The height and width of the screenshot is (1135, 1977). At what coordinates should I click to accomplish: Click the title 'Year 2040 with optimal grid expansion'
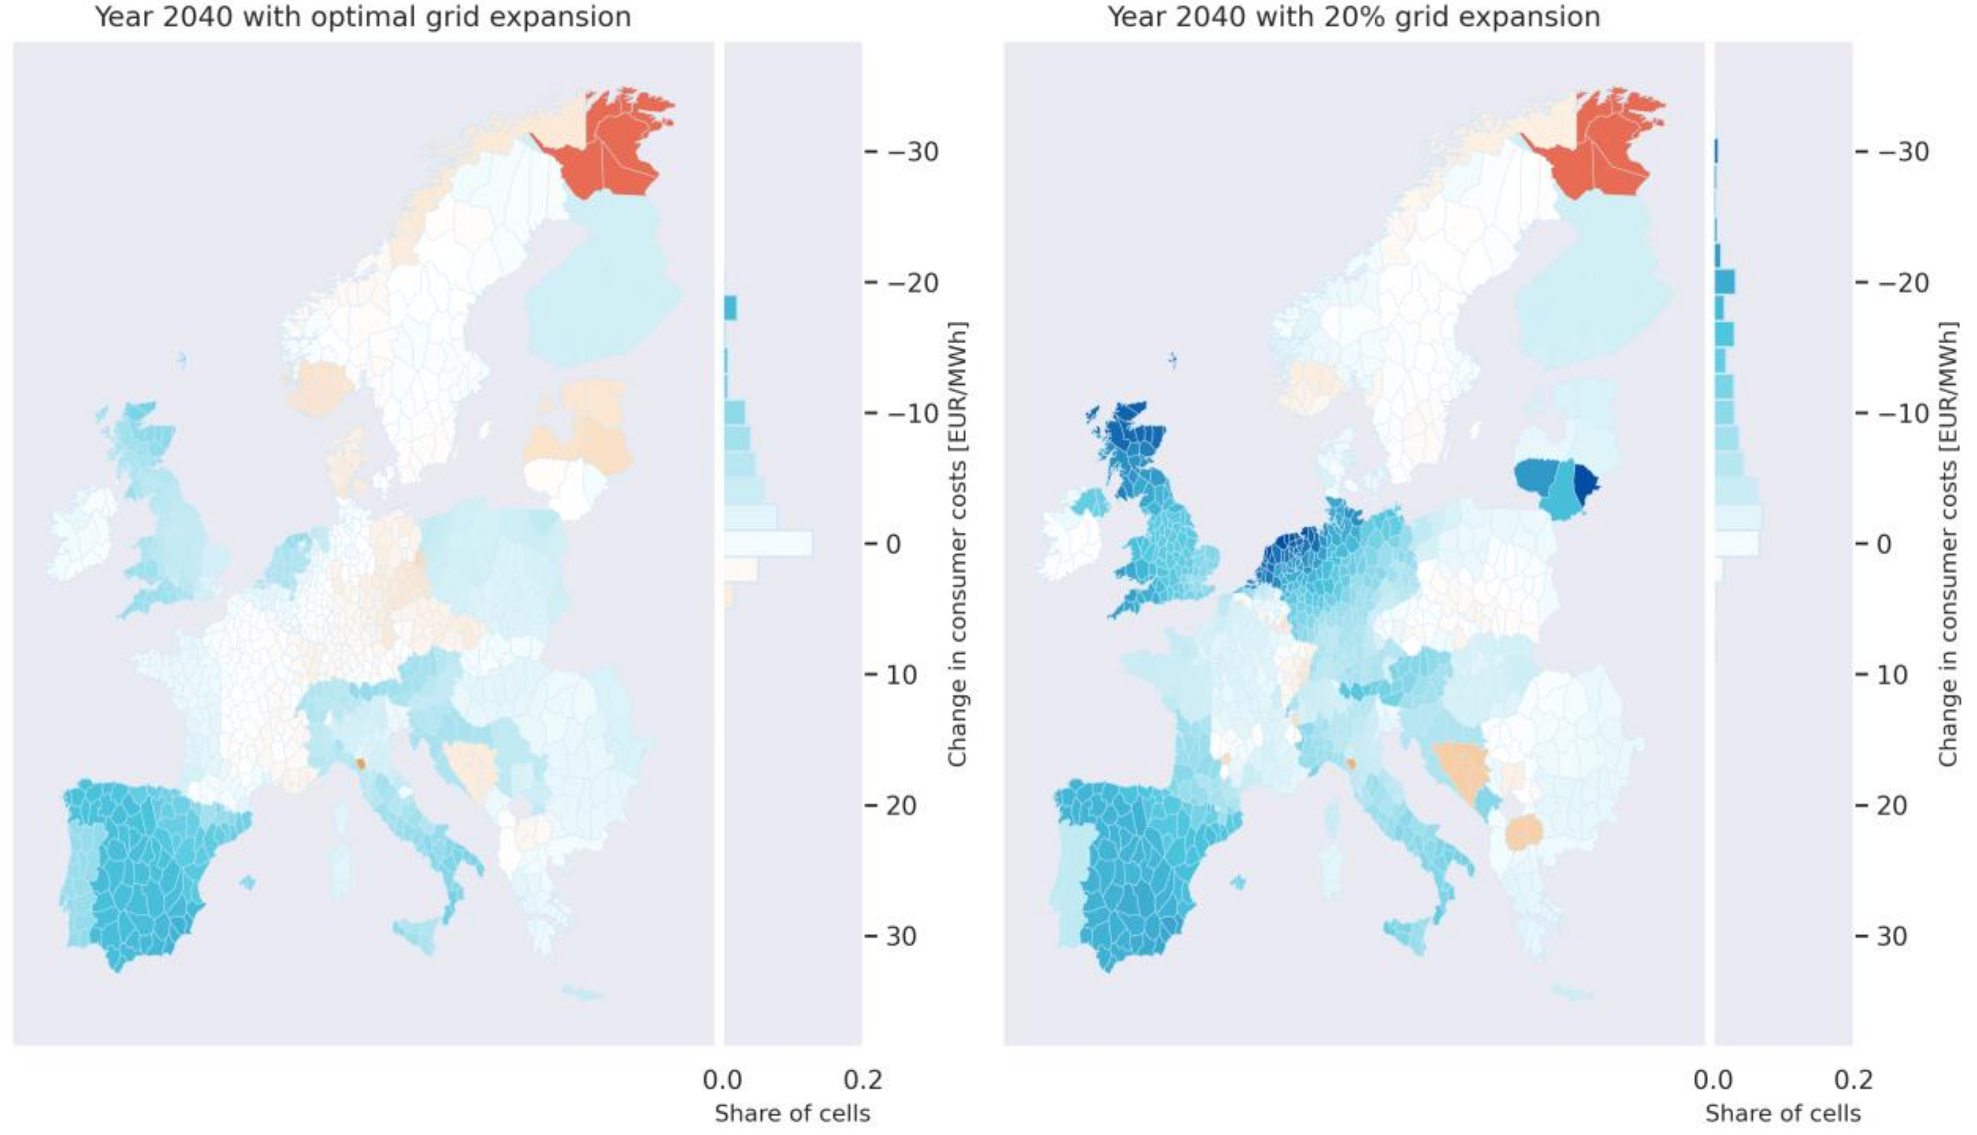[x=363, y=17]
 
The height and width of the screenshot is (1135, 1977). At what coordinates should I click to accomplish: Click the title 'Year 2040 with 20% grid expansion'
[x=1353, y=17]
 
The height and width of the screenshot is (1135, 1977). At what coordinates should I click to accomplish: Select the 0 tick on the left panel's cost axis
[x=893, y=544]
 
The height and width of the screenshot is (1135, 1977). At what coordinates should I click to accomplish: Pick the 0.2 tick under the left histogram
[x=863, y=1080]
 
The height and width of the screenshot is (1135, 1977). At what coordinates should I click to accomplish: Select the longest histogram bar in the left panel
[x=768, y=544]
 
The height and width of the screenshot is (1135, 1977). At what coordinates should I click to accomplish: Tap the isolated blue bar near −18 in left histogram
[x=730, y=308]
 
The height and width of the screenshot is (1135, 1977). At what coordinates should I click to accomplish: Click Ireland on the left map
[x=82, y=534]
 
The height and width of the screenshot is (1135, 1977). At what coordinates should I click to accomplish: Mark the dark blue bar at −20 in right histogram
[x=1725, y=282]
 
